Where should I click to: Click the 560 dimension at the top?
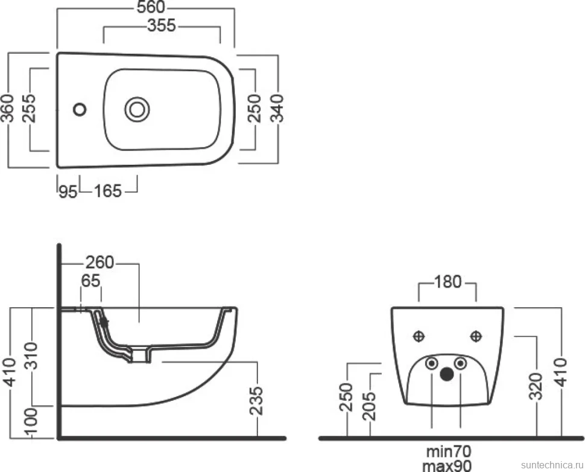click(151, 7)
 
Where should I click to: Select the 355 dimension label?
click(162, 25)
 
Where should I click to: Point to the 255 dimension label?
click(29, 108)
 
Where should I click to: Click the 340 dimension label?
click(277, 108)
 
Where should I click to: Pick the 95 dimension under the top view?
click(68, 192)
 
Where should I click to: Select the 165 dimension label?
click(108, 191)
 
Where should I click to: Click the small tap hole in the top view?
click(80, 109)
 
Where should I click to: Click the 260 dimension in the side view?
click(100, 263)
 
